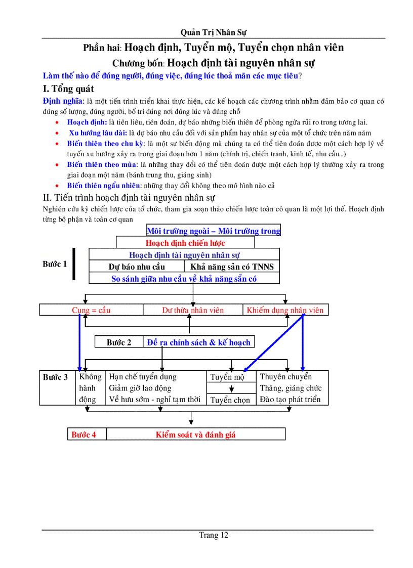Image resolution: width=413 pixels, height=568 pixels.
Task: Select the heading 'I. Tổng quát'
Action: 68,89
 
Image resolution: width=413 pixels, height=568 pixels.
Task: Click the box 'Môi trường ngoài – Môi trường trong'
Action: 213,231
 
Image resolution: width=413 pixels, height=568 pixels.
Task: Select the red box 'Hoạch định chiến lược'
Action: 185,243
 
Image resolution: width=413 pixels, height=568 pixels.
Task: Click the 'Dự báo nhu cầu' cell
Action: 137,267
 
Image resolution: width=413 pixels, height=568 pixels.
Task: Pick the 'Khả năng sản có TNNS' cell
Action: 232,267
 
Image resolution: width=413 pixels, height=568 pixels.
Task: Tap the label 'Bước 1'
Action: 55,264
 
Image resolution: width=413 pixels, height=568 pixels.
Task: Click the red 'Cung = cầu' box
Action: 91,310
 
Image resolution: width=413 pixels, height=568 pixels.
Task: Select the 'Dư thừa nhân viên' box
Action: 193,310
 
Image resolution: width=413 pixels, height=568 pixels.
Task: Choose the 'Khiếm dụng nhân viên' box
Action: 285,310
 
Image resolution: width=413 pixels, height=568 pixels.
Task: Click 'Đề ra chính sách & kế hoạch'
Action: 198,342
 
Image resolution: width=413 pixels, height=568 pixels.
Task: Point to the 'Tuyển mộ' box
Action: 227,377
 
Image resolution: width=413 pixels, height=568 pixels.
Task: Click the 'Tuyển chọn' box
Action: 230,400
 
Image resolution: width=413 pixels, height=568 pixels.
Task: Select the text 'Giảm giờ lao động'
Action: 140,388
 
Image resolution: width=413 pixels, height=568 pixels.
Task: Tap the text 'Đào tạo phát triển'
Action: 290,399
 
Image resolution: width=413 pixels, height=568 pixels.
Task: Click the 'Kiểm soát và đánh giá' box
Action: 195,434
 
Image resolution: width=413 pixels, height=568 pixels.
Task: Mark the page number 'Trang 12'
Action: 213,535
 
